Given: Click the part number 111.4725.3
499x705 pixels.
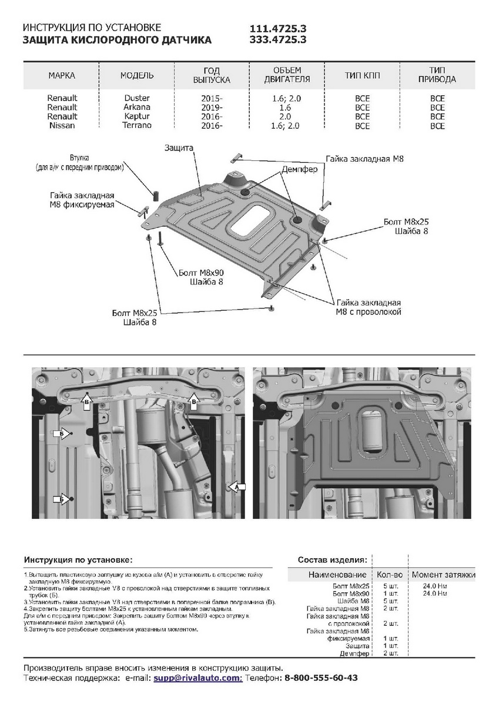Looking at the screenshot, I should coord(278,28).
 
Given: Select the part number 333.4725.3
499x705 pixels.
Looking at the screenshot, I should coord(278,39).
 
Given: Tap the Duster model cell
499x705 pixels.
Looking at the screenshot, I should coord(137,98).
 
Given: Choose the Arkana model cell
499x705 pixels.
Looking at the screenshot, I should coord(137,107).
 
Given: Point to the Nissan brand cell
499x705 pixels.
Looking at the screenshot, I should coord(62,125).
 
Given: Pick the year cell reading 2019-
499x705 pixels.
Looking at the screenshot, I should coord(212,108).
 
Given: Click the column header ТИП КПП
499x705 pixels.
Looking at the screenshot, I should coord(362,76).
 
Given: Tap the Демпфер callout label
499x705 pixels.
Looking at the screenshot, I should coord(299,169).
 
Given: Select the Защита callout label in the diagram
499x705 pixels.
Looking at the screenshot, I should coord(179,149).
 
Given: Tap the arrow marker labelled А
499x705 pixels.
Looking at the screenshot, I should coord(237,487).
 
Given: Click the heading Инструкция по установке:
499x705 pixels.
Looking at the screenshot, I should coord(78,559).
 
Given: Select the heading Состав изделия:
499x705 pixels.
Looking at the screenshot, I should coord(333,559).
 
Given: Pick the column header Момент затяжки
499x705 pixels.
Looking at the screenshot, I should coord(443,574).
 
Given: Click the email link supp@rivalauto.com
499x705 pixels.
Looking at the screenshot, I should coord(197,677).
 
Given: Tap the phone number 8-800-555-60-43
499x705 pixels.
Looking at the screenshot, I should coord(321,677).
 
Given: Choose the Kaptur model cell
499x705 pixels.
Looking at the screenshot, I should coord(137,116).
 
